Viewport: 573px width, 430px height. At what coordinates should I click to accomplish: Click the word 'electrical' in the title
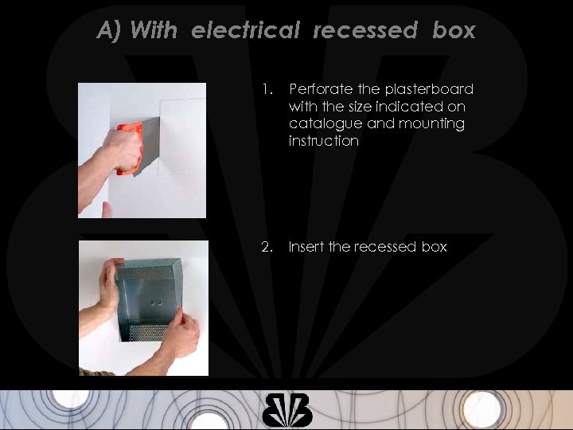coord(245,30)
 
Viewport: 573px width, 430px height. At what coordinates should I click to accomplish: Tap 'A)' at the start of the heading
coord(110,30)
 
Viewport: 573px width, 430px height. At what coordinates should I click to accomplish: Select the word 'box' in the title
coord(454,30)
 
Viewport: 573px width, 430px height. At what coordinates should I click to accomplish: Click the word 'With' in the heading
coord(154,30)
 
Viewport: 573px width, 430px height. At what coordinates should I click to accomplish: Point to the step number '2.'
coord(267,247)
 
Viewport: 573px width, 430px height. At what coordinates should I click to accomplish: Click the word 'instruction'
coord(324,142)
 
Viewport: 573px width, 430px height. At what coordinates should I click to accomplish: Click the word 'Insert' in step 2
coord(306,247)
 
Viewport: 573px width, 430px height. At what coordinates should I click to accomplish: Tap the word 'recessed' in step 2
coord(372,247)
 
